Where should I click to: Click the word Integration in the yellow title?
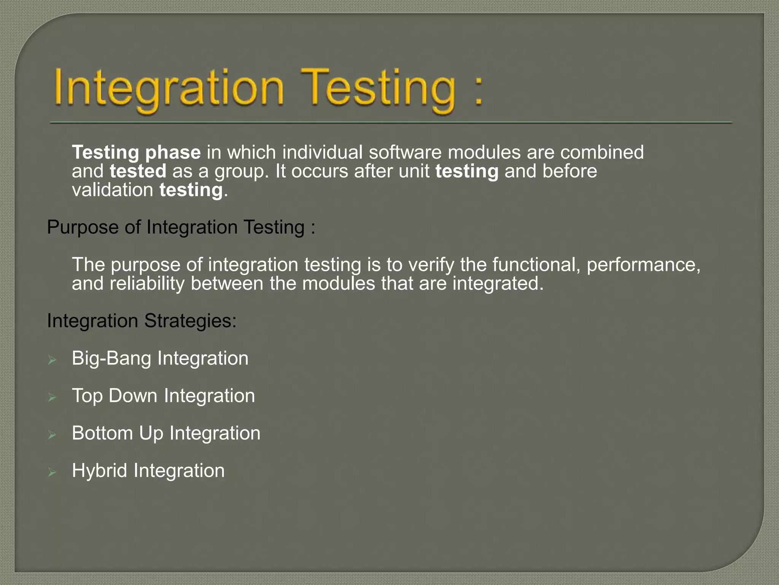tap(169, 88)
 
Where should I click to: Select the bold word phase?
tap(173, 153)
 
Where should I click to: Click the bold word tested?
tap(138, 171)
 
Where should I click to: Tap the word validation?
tap(113, 190)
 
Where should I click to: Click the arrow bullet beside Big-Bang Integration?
tap(52, 360)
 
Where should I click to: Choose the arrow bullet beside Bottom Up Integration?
tap(52, 435)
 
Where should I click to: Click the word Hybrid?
tap(99, 471)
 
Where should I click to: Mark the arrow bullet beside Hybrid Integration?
tap(52, 472)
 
